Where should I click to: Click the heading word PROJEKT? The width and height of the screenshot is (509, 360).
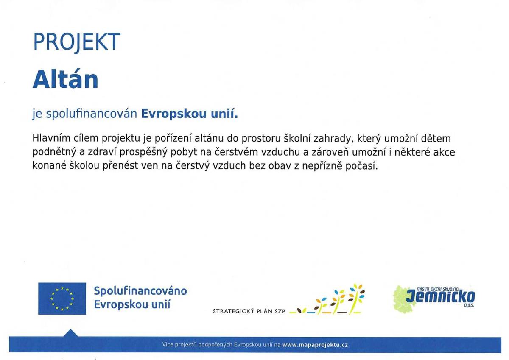pyautogui.click(x=76, y=42)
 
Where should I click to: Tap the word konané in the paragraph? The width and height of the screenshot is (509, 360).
pyautogui.click(x=49, y=165)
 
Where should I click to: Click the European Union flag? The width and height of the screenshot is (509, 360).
pyautogui.click(x=62, y=299)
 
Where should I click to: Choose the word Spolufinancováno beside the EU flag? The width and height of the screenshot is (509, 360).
pyautogui.click(x=140, y=291)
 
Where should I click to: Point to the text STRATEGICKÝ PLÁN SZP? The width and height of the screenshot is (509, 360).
pyautogui.click(x=249, y=311)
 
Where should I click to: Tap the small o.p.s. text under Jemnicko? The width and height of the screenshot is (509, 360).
pyautogui.click(x=468, y=305)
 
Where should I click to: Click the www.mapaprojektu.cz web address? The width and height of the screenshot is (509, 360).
pyautogui.click(x=315, y=345)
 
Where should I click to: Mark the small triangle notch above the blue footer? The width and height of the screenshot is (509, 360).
pyautogui.click(x=71, y=333)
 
